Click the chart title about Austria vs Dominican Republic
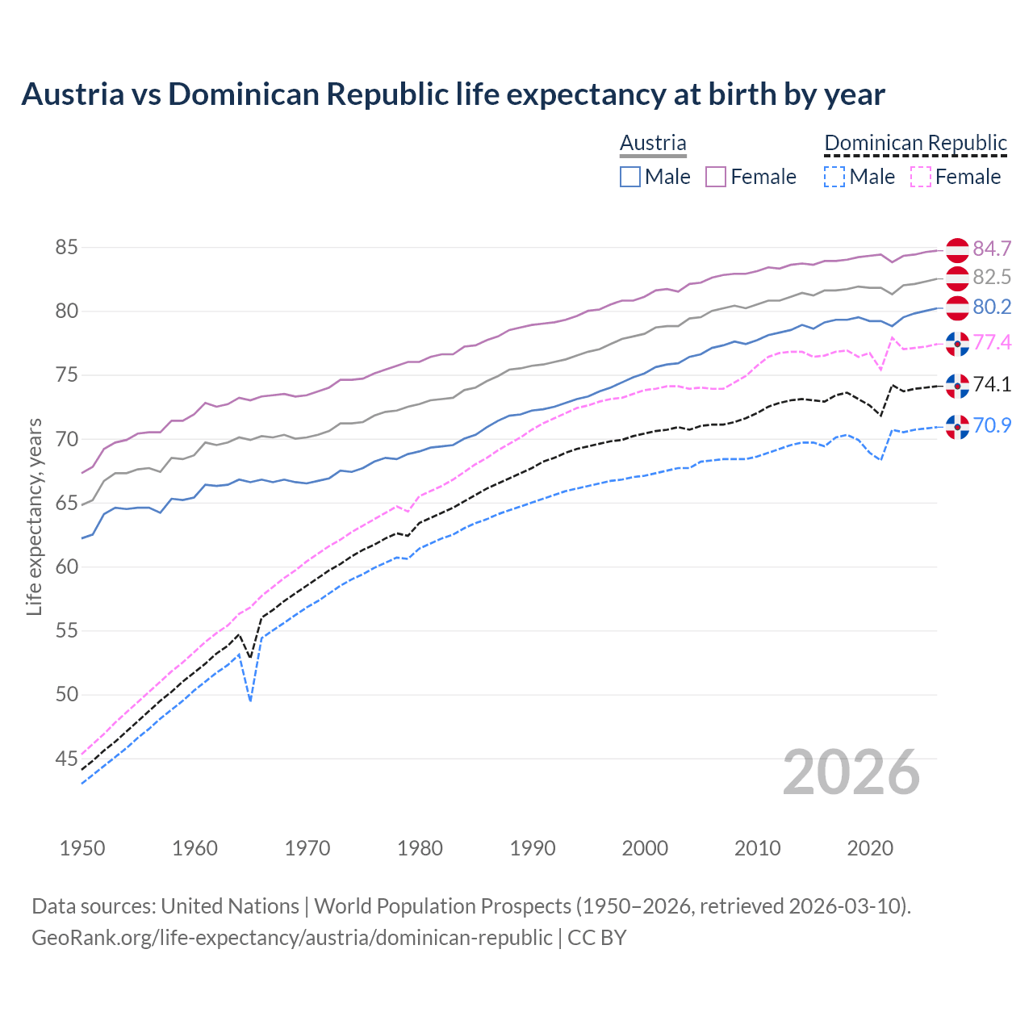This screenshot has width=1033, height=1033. (x=453, y=94)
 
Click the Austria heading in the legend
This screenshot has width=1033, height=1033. (x=653, y=143)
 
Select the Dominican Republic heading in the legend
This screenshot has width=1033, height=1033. (x=915, y=143)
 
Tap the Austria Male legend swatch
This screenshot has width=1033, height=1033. (x=630, y=177)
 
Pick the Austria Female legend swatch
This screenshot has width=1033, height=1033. (x=716, y=177)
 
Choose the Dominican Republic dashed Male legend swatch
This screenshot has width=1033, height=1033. (x=834, y=177)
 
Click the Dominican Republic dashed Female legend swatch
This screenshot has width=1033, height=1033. (x=920, y=177)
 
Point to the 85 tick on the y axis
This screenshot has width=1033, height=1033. (x=66, y=248)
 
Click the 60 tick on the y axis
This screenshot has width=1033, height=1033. (x=66, y=567)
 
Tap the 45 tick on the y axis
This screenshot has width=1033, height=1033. (x=66, y=759)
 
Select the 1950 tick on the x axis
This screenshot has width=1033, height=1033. (x=82, y=848)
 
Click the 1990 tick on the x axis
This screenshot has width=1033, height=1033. (x=533, y=848)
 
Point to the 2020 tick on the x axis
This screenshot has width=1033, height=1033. (x=870, y=848)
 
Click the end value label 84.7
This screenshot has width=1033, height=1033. (x=992, y=249)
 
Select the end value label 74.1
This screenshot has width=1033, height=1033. (x=992, y=384)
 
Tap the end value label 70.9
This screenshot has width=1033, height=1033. (x=992, y=425)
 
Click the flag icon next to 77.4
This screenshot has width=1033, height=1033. (x=957, y=343)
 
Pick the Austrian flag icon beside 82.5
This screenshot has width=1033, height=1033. (x=957, y=278)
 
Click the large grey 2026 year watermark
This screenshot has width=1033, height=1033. (x=851, y=772)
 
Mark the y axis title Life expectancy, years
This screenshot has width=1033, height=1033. (x=34, y=516)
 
